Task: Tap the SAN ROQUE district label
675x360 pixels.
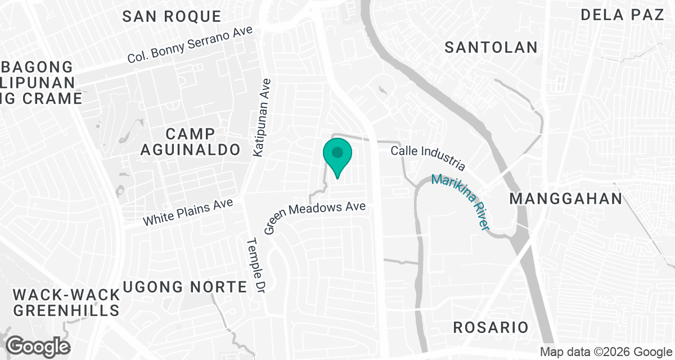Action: [x=164, y=16]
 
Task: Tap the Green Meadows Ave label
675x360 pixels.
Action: [x=315, y=217]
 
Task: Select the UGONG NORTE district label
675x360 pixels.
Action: [x=184, y=287]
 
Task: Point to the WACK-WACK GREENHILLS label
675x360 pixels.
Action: [x=66, y=303]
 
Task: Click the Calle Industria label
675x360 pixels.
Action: [x=429, y=157]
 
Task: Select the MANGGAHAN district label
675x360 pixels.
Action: [x=566, y=199]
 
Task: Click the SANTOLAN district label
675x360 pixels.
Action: [x=491, y=47]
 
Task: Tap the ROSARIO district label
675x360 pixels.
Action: [x=491, y=327]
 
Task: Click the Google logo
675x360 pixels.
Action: [x=38, y=346]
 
